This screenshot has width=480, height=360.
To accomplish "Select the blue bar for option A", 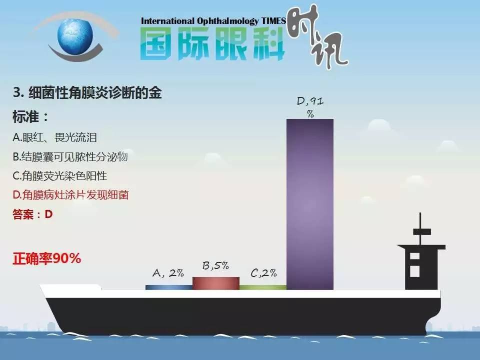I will click(x=168, y=287).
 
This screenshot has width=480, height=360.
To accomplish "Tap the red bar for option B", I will click(x=215, y=283).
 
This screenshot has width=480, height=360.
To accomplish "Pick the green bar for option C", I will click(x=262, y=287).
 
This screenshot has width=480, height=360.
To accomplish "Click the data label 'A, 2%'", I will click(x=168, y=273).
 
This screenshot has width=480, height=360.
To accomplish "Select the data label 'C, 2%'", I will click(x=263, y=273).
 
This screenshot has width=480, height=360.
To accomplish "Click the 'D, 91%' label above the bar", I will click(x=310, y=107).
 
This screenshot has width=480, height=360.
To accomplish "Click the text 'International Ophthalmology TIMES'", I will click(x=213, y=21).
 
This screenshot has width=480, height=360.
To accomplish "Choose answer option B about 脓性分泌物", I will click(x=70, y=156).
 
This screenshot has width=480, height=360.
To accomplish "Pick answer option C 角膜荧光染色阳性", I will click(x=60, y=175).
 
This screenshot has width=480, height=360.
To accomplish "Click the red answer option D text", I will click(x=70, y=194).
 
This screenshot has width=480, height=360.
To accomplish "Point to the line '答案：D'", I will click(x=32, y=214).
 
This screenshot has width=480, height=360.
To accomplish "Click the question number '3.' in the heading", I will click(x=19, y=92).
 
